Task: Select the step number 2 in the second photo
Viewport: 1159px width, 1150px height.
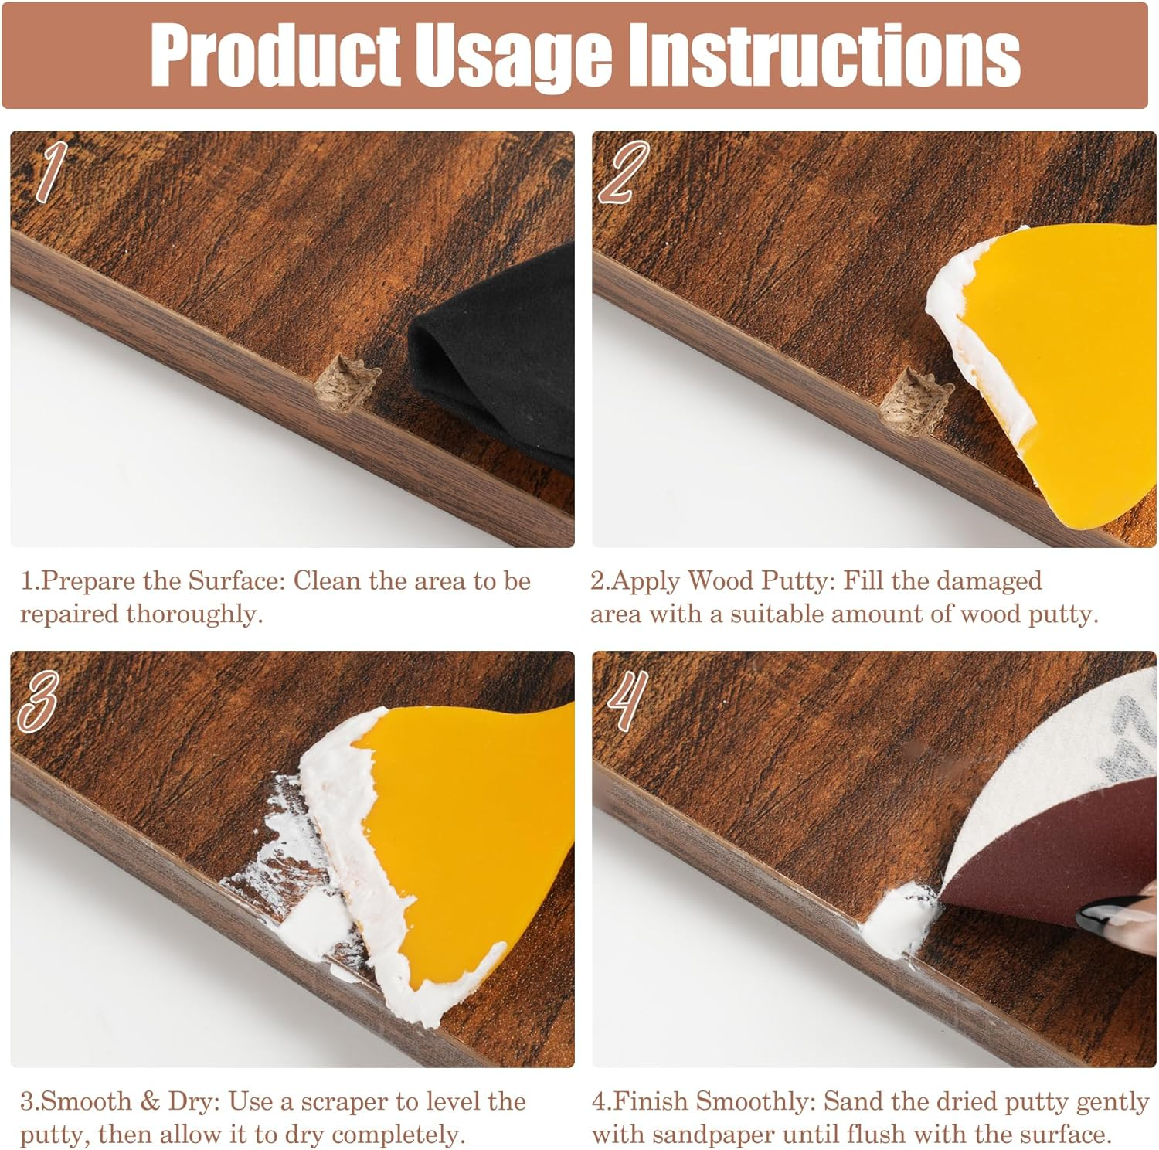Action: pyautogui.click(x=623, y=172)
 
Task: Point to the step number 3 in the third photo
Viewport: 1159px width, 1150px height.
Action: pyautogui.click(x=39, y=700)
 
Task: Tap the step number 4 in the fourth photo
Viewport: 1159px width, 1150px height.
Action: pyautogui.click(x=627, y=700)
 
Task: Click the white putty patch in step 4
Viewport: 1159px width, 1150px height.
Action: pyautogui.click(x=896, y=924)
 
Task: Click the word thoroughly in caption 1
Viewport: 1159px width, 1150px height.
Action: pyautogui.click(x=193, y=614)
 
